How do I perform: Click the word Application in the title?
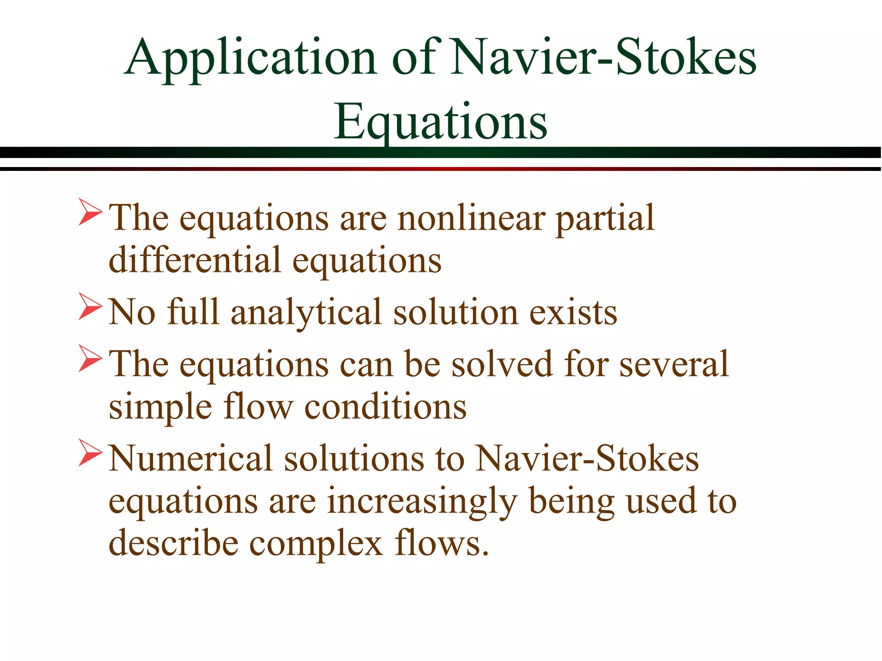point(251,59)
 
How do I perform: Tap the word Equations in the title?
point(440,123)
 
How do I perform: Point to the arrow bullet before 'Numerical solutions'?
point(90,453)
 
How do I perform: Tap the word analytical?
point(306,312)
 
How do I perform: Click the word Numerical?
point(191,458)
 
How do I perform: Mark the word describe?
point(173,544)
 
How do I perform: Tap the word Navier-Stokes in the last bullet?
point(587,458)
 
